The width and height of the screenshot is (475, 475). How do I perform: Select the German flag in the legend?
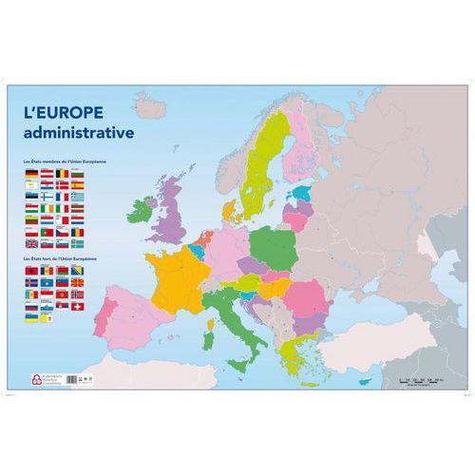coord(31,174)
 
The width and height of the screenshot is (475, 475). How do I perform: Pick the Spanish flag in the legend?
coord(78,185)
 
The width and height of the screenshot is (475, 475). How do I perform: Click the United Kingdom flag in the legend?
coord(31,244)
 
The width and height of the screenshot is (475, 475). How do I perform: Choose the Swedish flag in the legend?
coord(78,244)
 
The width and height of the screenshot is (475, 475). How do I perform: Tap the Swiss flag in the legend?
coord(78,307)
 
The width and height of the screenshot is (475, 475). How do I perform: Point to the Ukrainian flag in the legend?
coord(31,317)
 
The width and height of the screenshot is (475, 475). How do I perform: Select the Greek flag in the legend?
coord(78,197)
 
